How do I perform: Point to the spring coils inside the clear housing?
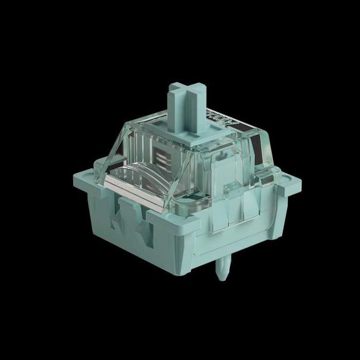click(x=160, y=154)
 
